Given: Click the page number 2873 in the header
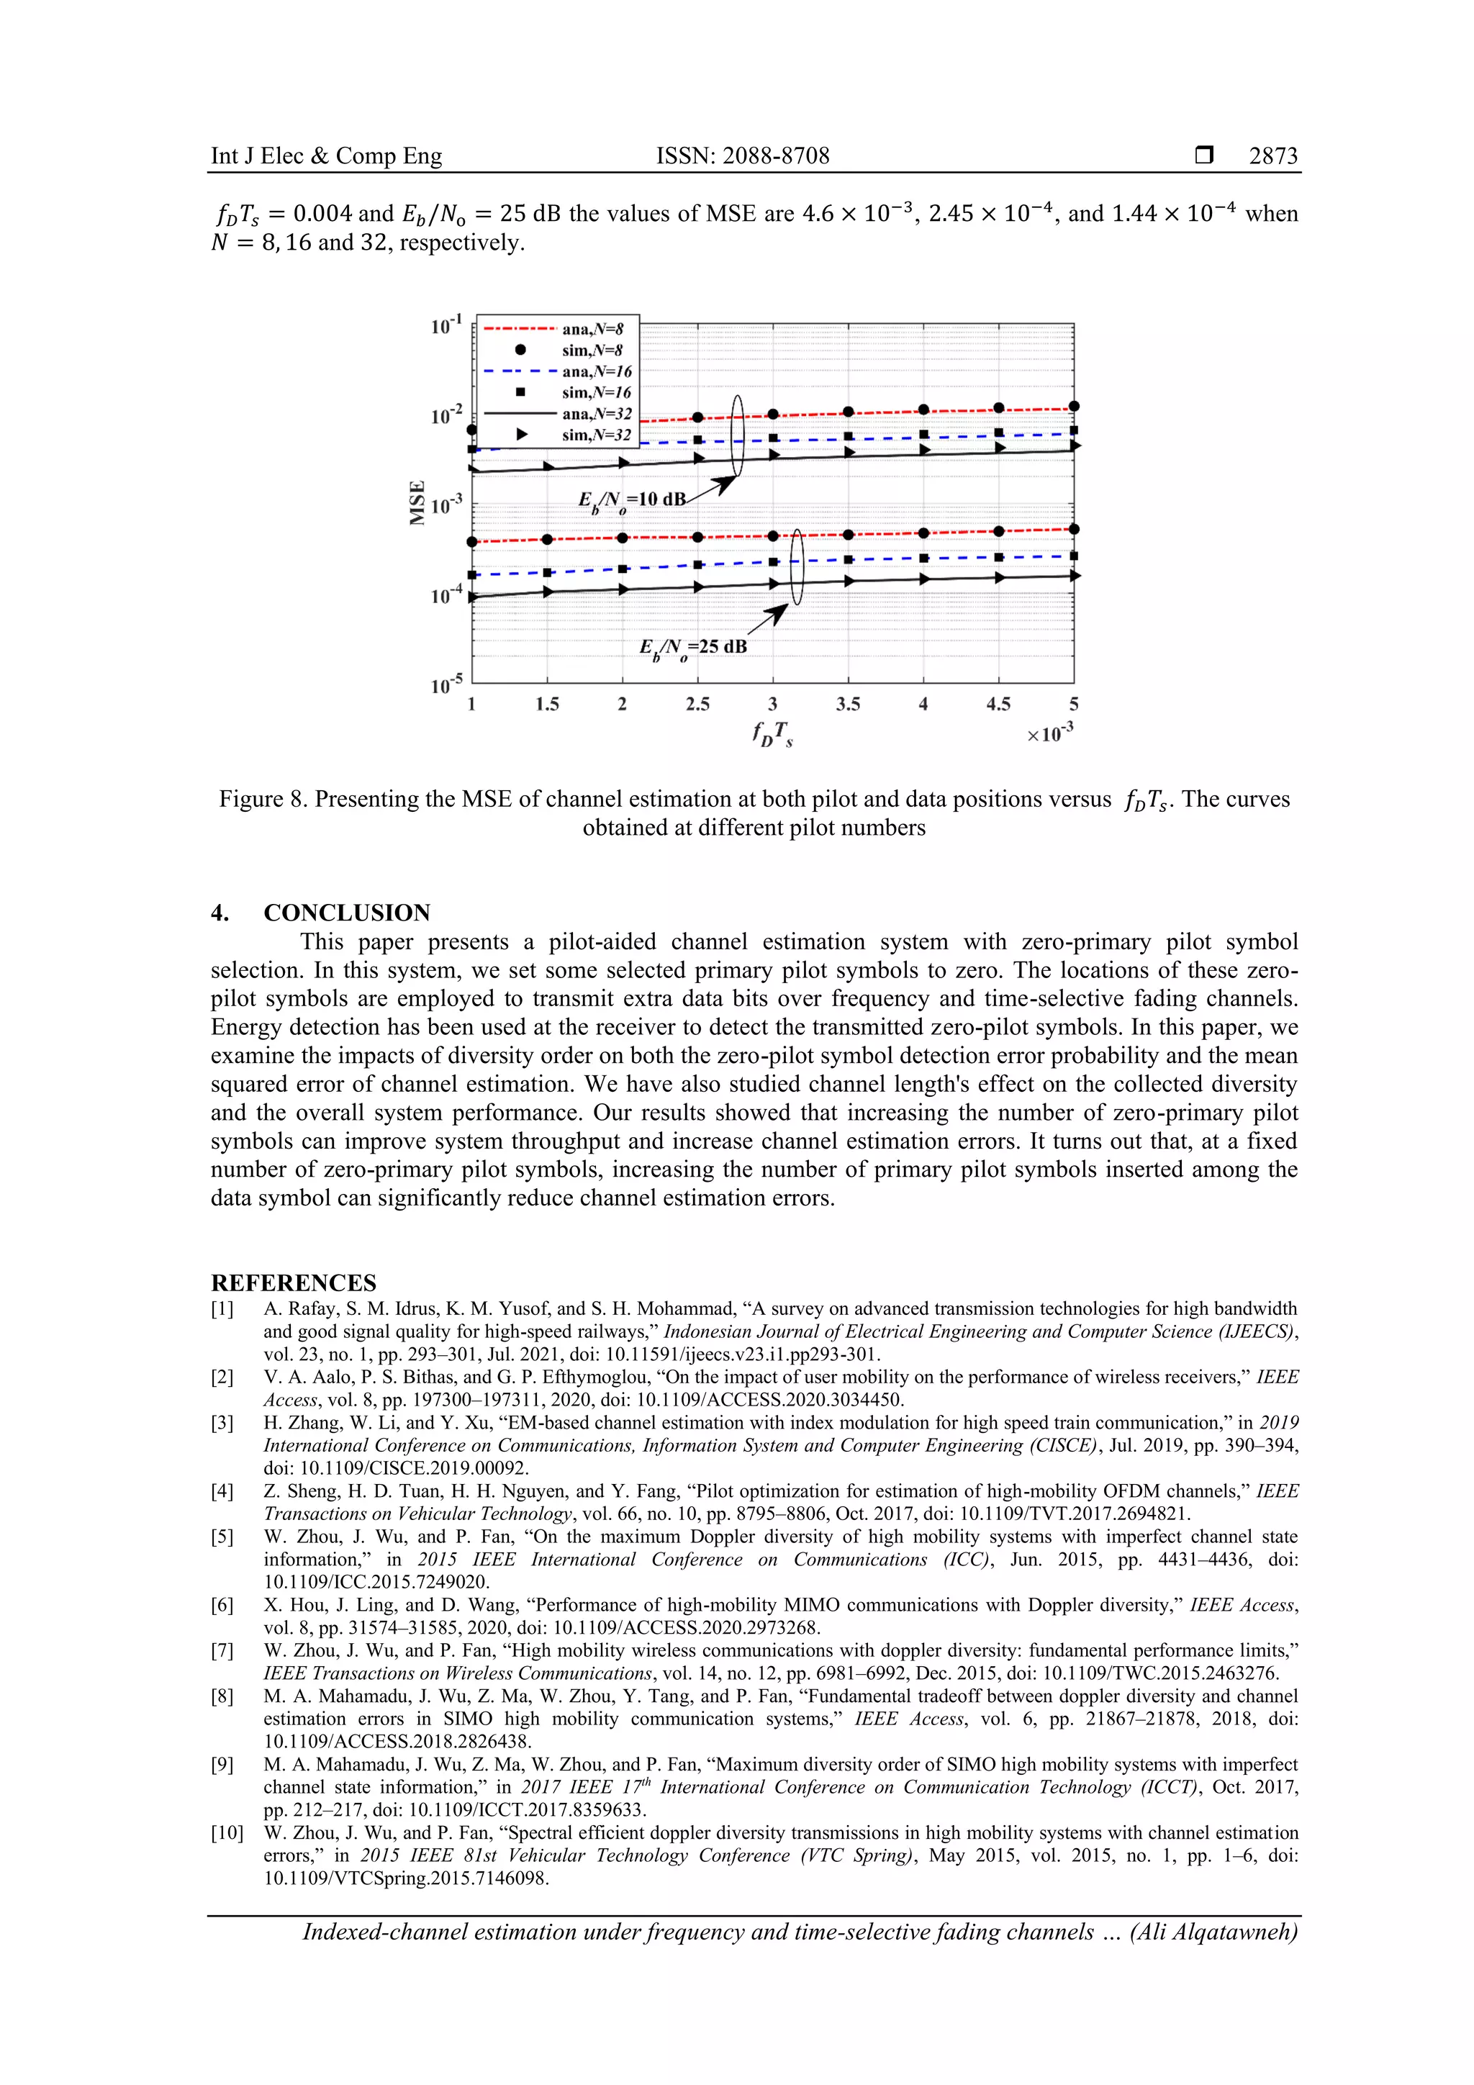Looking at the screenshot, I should click(1272, 156).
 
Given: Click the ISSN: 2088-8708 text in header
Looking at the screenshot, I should click(742, 156).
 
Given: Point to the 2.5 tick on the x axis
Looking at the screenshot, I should click(697, 705).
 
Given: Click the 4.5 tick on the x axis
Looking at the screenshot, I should click(998, 705).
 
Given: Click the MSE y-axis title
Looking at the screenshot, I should click(417, 502).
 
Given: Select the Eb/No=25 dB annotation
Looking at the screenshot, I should click(693, 648).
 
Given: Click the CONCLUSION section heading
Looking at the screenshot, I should click(346, 913).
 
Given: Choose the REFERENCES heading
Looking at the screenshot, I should click(294, 1283).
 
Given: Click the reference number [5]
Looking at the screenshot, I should click(222, 1537).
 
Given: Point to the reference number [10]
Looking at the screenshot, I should click(226, 1833).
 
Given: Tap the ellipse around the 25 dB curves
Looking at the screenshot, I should click(797, 568).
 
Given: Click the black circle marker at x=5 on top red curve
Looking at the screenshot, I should click(1074, 407).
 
